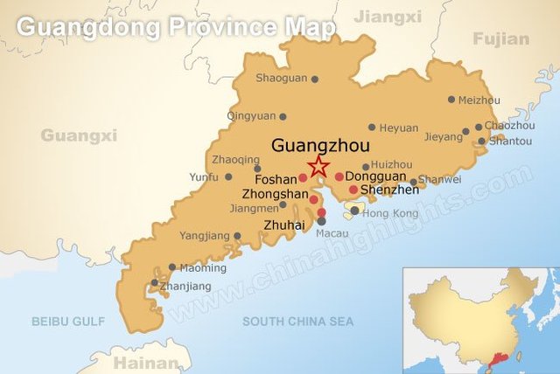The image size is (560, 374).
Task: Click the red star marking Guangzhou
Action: (318, 166)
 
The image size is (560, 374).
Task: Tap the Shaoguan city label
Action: (281, 78)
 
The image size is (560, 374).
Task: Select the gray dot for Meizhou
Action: (451, 100)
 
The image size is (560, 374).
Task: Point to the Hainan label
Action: (139, 360)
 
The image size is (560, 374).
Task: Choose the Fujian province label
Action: (500, 38)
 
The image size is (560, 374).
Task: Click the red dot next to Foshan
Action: (303, 178)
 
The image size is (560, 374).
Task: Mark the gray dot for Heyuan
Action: (372, 128)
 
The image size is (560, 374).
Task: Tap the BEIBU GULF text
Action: (67, 322)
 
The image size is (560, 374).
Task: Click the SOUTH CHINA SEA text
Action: (298, 322)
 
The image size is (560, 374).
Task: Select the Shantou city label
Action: (510, 142)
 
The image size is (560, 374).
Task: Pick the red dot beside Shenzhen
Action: (353, 190)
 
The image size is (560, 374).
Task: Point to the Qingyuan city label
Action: (251, 115)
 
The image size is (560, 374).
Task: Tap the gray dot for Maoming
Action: (171, 267)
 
